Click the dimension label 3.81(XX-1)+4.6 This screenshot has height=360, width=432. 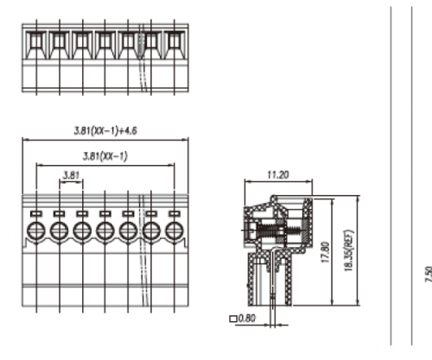coord(105,131)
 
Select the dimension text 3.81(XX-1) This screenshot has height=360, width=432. coord(105,156)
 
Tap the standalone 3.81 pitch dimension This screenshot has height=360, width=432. coord(71,175)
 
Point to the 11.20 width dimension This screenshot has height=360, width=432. coord(277,174)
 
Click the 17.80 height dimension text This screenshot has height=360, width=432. coord(325,252)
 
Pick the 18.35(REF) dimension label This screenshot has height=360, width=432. coord(348,250)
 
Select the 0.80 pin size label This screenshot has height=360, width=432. coord(247,319)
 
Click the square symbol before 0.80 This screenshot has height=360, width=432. coord(233,319)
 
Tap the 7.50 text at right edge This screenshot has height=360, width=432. coord(429,275)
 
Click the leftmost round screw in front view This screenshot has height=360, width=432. coord(36,231)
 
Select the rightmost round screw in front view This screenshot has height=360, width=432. coord(175,231)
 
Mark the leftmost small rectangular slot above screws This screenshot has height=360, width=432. coord(36,214)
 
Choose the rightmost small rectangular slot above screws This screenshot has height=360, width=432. coord(175,214)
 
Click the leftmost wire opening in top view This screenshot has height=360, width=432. coord(36,42)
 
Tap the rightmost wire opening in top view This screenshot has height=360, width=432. coord(175,42)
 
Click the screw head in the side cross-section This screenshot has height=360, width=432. coord(251,231)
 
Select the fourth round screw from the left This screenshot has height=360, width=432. coord(105,231)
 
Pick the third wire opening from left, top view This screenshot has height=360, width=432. coord(83,42)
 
